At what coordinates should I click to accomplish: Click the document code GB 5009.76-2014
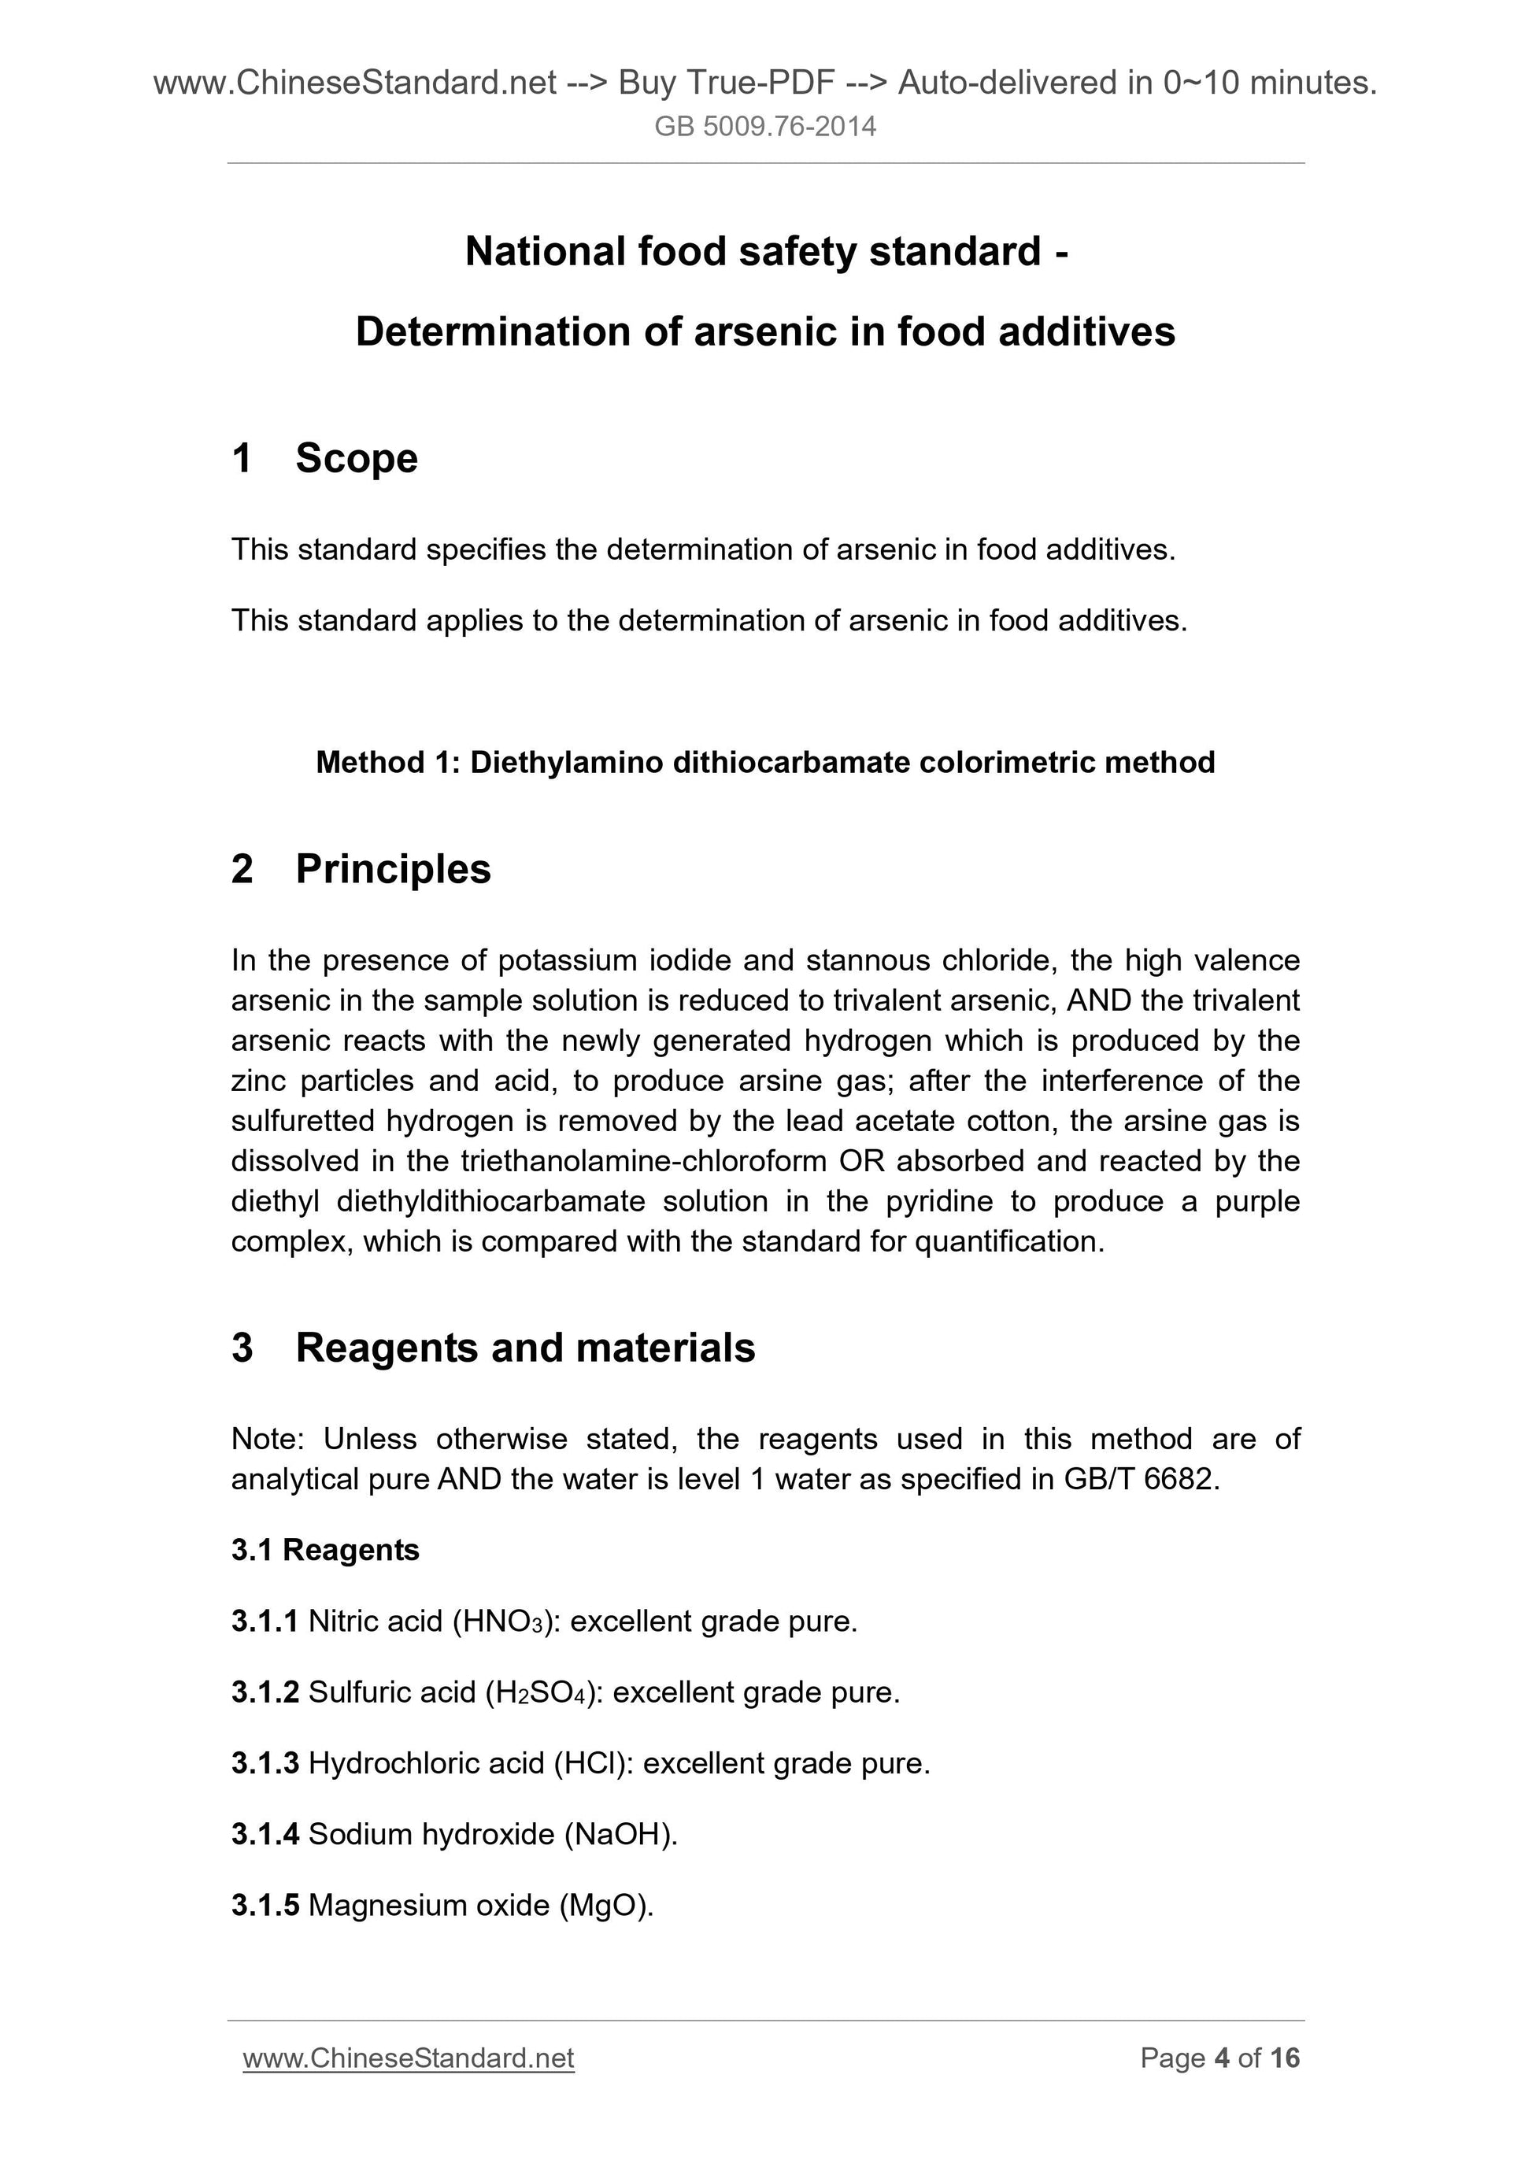pos(764,127)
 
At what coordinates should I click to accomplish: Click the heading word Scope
pos(356,459)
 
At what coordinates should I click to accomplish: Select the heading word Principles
pos(393,869)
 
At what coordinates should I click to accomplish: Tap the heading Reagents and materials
pos(525,1348)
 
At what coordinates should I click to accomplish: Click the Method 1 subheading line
pos(764,762)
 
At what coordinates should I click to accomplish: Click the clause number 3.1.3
pos(265,1763)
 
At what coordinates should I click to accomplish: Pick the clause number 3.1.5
pos(265,1905)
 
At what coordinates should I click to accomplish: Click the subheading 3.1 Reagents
pos(324,1550)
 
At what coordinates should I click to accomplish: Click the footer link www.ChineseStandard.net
pos(408,2058)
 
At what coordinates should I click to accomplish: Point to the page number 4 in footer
pos(1223,2058)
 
